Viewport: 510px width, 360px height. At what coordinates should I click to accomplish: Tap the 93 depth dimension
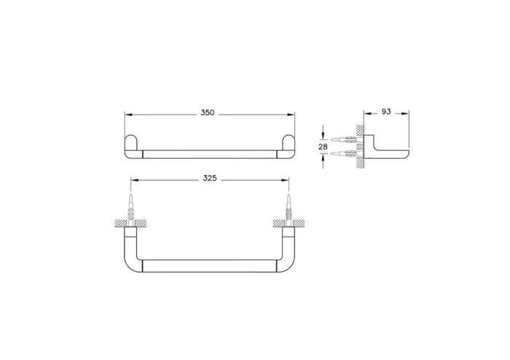tap(386, 111)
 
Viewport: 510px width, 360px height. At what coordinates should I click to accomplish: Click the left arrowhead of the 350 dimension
tap(127, 114)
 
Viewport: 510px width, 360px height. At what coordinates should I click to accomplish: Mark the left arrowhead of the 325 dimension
tap(133, 179)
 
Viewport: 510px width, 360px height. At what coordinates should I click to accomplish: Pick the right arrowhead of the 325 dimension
tap(286, 179)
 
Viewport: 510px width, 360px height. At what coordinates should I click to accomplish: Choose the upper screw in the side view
tap(342, 138)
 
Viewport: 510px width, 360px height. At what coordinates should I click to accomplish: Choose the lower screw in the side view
tap(342, 154)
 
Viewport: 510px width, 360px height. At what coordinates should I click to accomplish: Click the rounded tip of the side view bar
tap(406, 154)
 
